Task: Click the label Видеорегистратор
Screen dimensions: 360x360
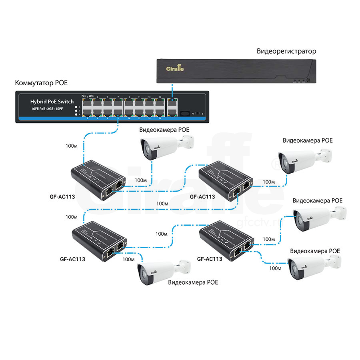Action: pyautogui.click(x=286, y=51)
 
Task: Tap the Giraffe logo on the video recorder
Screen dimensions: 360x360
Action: pyautogui.click(x=175, y=68)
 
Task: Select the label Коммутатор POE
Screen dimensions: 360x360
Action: pyautogui.click(x=41, y=83)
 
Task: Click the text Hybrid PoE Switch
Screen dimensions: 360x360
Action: pyautogui.click(x=52, y=102)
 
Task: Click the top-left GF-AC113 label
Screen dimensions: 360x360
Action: pyautogui.click(x=62, y=197)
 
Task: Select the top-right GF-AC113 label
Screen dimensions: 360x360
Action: pyautogui.click(x=202, y=196)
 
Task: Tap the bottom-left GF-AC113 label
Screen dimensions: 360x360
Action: pyautogui.click(x=73, y=259)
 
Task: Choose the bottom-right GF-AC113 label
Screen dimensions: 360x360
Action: pyautogui.click(x=210, y=259)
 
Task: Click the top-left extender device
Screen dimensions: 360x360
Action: pyautogui.click(x=96, y=176)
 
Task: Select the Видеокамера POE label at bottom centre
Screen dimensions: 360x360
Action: pyautogui.click(x=193, y=282)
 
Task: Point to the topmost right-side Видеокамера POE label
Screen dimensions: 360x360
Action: pyautogui.click(x=308, y=140)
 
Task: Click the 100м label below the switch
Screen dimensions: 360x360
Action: pyautogui.click(x=71, y=146)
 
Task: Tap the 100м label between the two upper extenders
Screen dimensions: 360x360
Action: pyautogui.click(x=162, y=204)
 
